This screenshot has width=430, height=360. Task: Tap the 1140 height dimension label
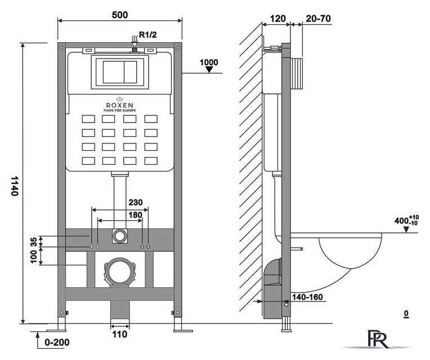point(16,186)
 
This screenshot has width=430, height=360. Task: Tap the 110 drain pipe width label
point(119,334)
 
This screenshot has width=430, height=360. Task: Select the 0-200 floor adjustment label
point(59,341)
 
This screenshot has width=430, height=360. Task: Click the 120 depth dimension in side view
point(276,18)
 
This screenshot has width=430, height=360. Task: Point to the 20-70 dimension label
point(317,18)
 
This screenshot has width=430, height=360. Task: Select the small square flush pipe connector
point(119,235)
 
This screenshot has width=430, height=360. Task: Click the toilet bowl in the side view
point(349,253)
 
